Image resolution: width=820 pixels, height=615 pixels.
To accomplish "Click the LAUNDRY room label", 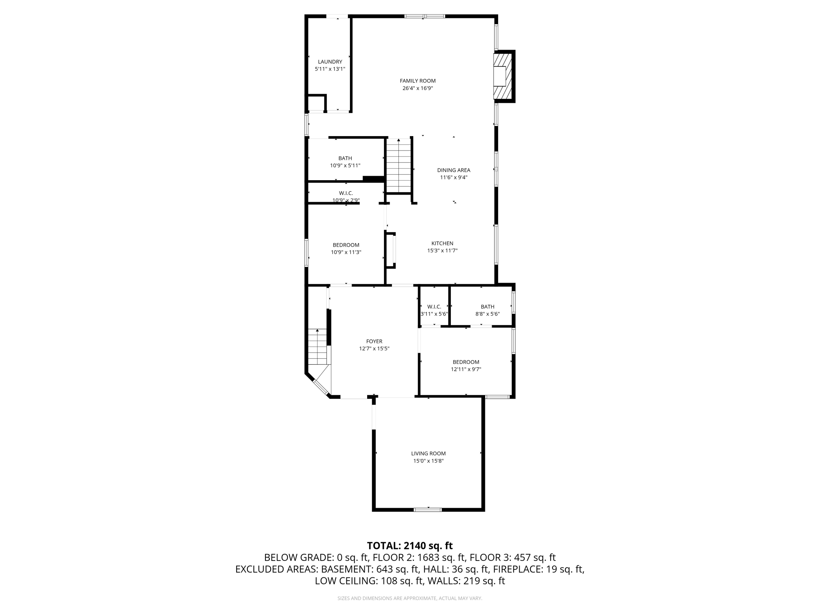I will pyautogui.click(x=330, y=62).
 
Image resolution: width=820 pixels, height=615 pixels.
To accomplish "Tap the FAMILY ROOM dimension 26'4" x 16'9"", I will pyautogui.click(x=418, y=88).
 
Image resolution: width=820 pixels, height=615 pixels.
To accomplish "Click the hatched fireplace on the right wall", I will pyautogui.click(x=503, y=76).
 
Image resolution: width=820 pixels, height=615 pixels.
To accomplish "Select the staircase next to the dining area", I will pyautogui.click(x=398, y=166).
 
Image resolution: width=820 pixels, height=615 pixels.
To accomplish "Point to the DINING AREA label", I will pyautogui.click(x=453, y=170).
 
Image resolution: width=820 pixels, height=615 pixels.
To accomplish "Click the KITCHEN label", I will pyautogui.click(x=442, y=243).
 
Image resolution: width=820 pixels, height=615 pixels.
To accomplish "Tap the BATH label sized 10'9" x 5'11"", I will pyautogui.click(x=345, y=159).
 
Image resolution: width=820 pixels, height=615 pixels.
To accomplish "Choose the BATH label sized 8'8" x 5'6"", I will pyautogui.click(x=487, y=307).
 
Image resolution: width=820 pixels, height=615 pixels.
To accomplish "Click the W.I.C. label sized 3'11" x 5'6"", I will pyautogui.click(x=434, y=307).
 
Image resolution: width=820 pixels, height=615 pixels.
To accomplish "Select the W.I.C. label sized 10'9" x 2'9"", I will pyautogui.click(x=346, y=193).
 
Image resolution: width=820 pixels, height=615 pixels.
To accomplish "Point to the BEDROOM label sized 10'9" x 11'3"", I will pyautogui.click(x=346, y=245).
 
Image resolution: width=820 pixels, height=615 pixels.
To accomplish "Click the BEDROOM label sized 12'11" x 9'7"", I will pyautogui.click(x=466, y=362).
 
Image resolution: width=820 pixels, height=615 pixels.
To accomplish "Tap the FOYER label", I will pyautogui.click(x=374, y=342).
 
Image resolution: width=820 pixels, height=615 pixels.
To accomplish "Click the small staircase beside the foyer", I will pyautogui.click(x=318, y=347).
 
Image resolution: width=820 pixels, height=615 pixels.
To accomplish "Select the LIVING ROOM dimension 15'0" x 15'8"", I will pyautogui.click(x=428, y=461).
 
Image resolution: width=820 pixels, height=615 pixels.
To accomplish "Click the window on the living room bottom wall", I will pyautogui.click(x=428, y=510).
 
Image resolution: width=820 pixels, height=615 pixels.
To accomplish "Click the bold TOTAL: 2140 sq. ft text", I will pyautogui.click(x=410, y=546).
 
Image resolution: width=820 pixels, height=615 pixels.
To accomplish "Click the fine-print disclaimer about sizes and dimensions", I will pyautogui.click(x=410, y=598).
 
